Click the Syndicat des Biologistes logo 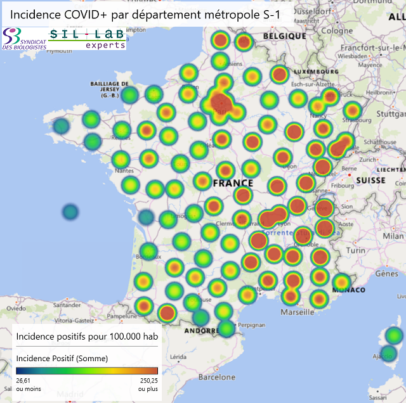[24, 39]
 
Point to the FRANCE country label [233, 183]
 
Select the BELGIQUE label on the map [285, 36]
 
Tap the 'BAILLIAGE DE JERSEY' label [110, 87]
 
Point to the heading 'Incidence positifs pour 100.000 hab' [87, 336]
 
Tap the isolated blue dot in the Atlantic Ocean [70, 212]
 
